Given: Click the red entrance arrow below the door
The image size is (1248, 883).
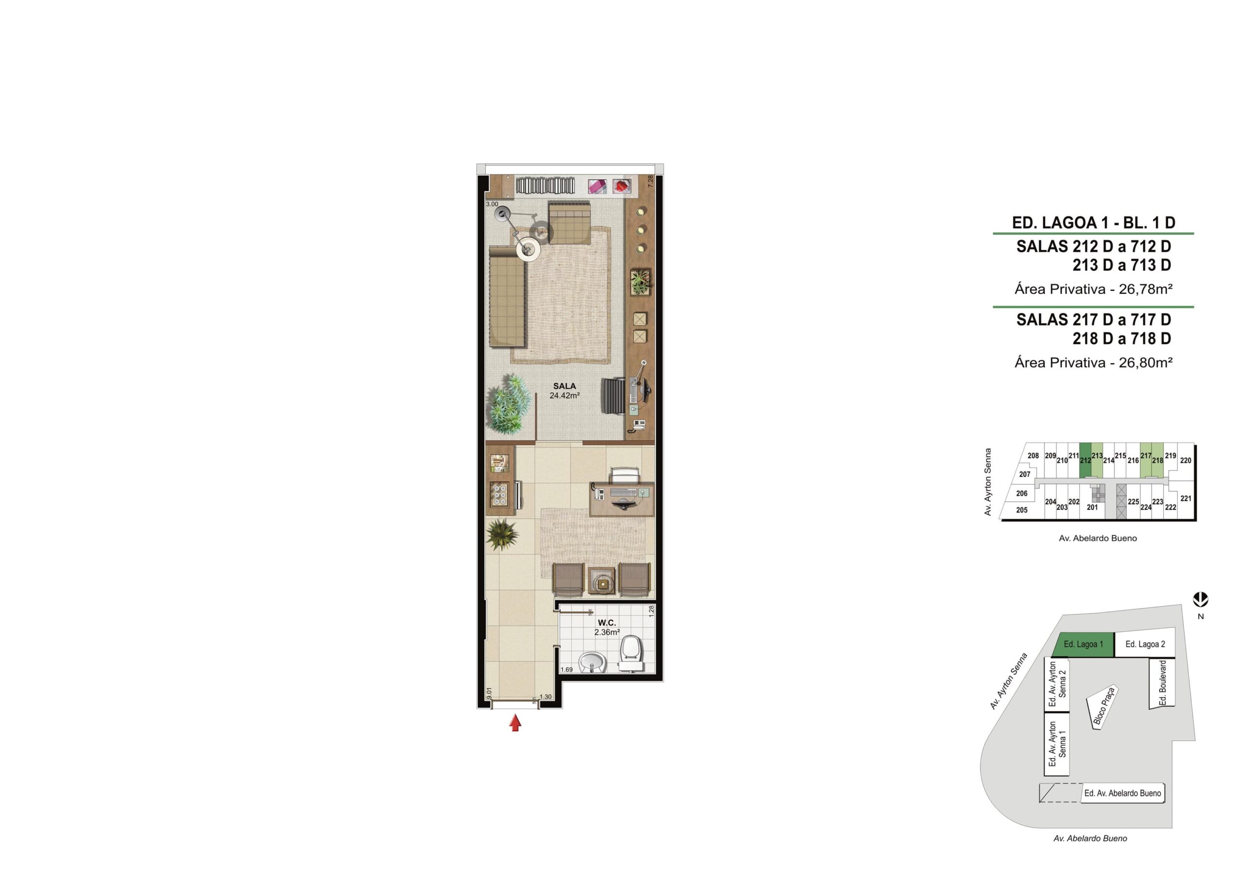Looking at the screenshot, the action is click(515, 724).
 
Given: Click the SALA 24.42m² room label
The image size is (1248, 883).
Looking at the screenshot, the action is click(565, 391).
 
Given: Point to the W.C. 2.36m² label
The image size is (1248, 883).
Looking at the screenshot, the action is click(607, 628).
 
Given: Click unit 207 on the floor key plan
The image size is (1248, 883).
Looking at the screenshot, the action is click(1025, 474).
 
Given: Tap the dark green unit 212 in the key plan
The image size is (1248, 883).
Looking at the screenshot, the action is click(1085, 460).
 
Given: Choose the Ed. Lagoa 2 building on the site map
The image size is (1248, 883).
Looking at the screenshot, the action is click(1145, 644).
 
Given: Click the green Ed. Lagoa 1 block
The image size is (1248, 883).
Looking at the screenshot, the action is click(1084, 644).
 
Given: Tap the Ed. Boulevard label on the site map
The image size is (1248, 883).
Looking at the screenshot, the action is click(1163, 683).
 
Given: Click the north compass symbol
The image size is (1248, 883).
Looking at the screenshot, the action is click(1201, 600).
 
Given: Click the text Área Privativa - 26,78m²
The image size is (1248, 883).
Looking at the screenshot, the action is click(1093, 289).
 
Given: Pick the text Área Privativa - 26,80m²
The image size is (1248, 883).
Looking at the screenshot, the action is click(1093, 362).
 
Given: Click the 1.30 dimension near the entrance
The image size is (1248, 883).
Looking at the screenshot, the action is click(546, 697).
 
